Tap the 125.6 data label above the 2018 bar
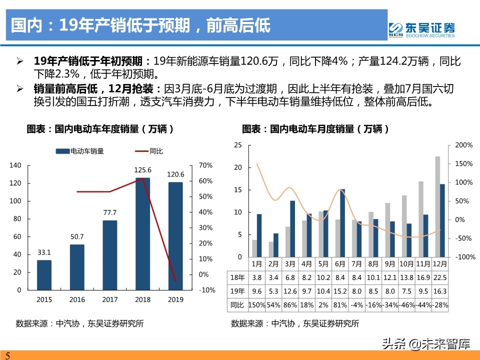142,169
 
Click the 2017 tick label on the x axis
110,299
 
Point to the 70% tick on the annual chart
206,165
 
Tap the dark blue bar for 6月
342,222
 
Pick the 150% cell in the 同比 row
257,304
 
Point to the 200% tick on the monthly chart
463,145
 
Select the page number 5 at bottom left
7,355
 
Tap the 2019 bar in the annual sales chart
175,235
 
